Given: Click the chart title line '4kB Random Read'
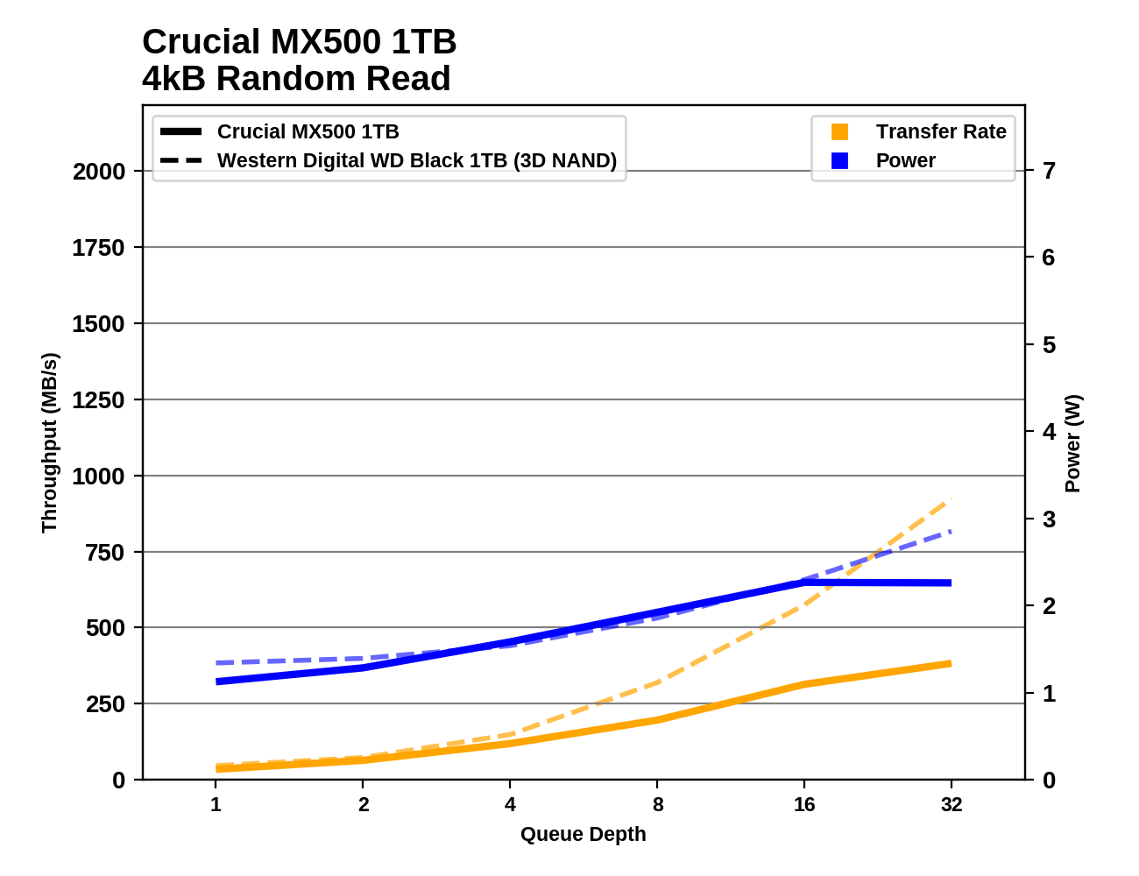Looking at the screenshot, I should pos(296,79).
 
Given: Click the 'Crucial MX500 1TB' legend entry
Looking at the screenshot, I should pos(308,131).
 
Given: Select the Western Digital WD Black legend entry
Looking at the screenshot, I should pos(416,160).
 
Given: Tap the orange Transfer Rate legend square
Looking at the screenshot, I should pos(839,131).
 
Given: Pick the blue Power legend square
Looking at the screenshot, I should pos(839,160).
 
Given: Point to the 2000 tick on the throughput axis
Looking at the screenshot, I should pos(99,172).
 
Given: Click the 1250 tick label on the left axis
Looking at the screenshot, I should pos(99,400).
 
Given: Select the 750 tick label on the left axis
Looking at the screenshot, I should pos(105,553).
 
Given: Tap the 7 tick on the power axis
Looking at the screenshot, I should pos(1049,170).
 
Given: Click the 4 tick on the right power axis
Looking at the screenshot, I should pos(1049,431).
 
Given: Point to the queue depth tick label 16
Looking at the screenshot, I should pos(804,804).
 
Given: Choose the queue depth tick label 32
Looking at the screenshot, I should pos(952,804).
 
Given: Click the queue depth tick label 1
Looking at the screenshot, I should pos(216,804).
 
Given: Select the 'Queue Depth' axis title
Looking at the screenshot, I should pos(583,834).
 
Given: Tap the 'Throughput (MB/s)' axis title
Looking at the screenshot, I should pos(49,442).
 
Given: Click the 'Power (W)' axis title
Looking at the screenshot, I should pos(1073,443).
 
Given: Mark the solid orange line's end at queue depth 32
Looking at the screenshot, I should pos(950,664).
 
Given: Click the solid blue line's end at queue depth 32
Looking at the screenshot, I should pos(950,583).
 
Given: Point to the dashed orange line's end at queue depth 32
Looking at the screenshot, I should pos(950,500).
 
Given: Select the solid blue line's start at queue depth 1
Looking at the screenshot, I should pos(217,682).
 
